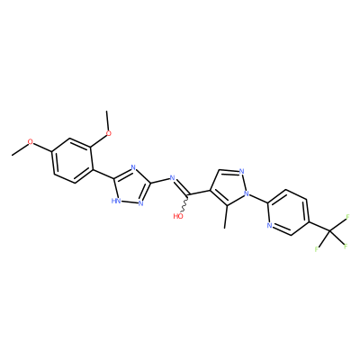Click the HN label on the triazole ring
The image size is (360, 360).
point(115,201)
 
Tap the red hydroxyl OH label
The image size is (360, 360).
point(178,216)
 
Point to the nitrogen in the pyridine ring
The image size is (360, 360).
point(270,226)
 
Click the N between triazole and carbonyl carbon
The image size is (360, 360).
point(172,178)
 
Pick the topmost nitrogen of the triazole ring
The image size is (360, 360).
point(133,167)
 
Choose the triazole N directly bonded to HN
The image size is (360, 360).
point(140,203)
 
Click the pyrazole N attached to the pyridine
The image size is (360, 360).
point(247,193)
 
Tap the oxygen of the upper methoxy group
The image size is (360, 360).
point(108,133)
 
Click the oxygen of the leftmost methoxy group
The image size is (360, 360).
point(31,141)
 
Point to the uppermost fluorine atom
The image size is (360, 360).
point(348,216)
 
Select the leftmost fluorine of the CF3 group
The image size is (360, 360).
point(316,248)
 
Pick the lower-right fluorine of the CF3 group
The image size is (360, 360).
point(346,247)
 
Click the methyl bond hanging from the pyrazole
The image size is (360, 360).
point(225,217)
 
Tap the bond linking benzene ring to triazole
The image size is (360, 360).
point(103,175)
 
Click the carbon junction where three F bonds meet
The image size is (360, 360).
point(329,231)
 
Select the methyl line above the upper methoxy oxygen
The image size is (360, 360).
point(107,120)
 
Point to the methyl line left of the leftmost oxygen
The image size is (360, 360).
point(20,149)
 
